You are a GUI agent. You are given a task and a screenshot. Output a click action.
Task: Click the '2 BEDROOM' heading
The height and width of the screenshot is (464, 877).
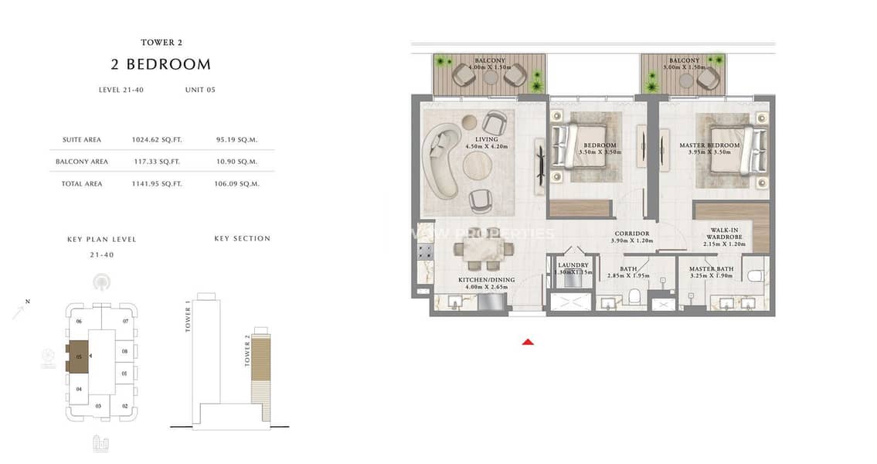161,64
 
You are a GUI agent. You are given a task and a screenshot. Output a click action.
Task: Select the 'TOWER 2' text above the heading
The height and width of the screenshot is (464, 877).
161,43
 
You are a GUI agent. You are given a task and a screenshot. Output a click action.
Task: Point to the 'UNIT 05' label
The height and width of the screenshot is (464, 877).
200,90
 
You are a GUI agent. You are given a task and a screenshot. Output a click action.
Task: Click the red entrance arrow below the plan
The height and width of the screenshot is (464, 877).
528,341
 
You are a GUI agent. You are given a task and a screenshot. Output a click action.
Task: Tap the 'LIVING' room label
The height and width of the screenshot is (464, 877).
487,140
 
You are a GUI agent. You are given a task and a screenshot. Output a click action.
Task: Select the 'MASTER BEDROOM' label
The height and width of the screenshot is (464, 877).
709,145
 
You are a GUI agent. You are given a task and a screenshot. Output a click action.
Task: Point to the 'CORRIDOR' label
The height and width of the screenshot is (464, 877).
631,234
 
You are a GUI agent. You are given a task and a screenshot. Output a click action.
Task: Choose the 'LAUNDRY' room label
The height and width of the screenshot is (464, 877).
573,266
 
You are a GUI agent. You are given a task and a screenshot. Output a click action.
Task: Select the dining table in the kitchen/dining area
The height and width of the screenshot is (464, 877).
484,250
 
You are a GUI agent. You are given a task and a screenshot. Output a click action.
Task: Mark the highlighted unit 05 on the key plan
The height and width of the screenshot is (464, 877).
79,357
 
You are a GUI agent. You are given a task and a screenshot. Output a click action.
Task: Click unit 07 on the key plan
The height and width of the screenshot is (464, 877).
125,321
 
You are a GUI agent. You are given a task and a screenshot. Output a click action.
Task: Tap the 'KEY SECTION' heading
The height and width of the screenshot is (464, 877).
242,239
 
